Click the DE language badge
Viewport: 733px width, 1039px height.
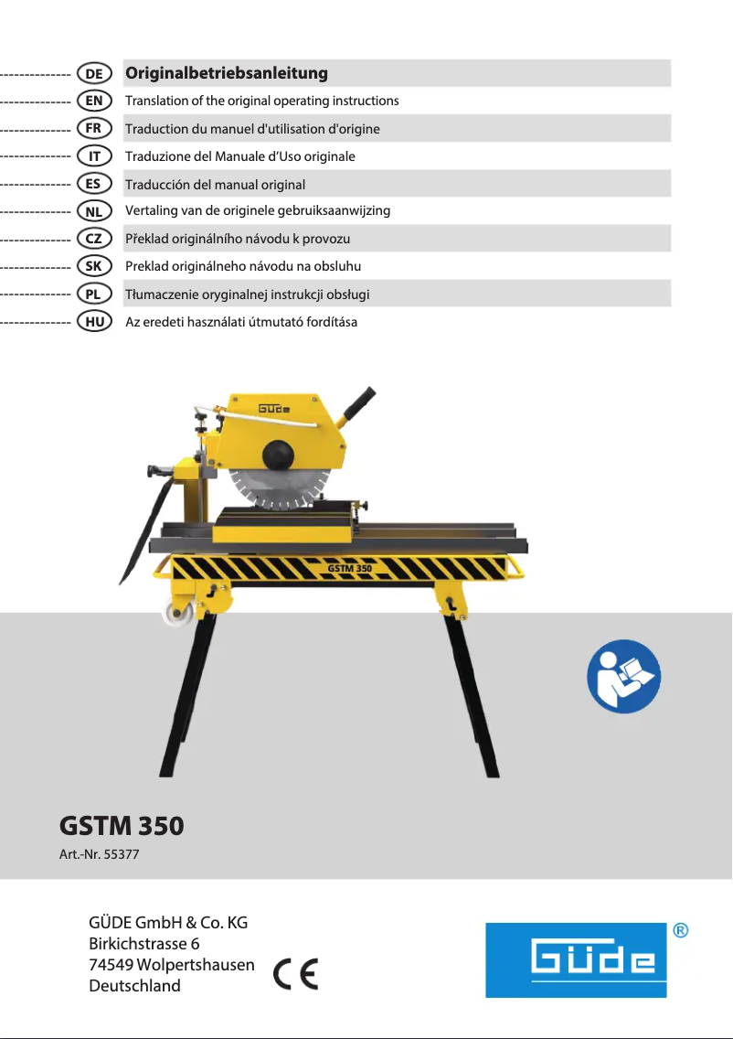pos(94,72)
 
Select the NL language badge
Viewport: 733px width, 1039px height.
pos(94,210)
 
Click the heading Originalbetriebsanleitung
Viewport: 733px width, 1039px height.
pos(227,72)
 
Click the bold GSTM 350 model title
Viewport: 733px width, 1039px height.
pos(122,826)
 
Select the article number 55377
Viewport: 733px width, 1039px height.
pos(122,856)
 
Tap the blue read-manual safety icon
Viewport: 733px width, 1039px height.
pos(623,676)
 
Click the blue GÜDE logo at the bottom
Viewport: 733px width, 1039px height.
pos(576,959)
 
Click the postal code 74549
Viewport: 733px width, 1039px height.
pos(111,964)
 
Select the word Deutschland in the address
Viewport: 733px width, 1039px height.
pos(134,986)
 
